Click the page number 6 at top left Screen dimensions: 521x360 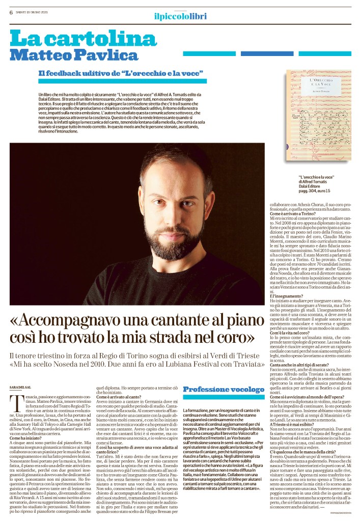11,13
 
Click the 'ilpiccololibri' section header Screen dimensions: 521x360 180,17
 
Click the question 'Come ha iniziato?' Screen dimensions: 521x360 26,437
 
